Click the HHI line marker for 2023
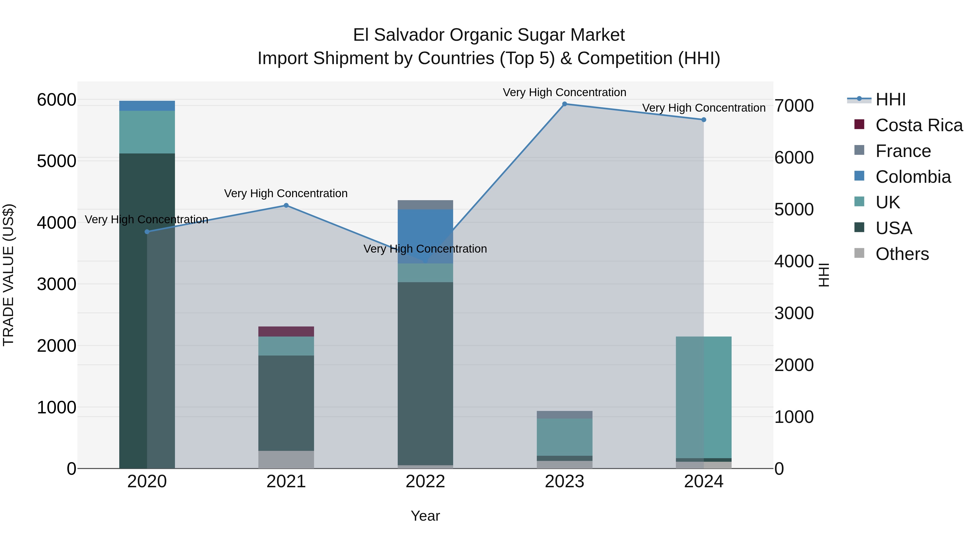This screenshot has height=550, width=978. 564,104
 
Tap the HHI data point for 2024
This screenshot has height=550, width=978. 704,120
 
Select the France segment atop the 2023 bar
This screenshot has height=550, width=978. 564,414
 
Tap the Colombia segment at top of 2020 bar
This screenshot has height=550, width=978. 147,106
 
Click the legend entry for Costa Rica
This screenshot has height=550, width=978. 919,125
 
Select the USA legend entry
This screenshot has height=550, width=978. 894,228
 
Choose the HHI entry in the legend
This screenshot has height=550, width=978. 890,99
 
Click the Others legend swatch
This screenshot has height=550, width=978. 859,253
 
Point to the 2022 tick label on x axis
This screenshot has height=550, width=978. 425,482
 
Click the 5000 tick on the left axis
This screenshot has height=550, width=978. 57,161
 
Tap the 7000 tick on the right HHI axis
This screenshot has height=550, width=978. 794,106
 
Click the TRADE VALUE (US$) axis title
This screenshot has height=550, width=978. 8,275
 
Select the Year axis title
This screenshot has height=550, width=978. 425,516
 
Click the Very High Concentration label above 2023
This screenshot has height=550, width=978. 564,92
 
